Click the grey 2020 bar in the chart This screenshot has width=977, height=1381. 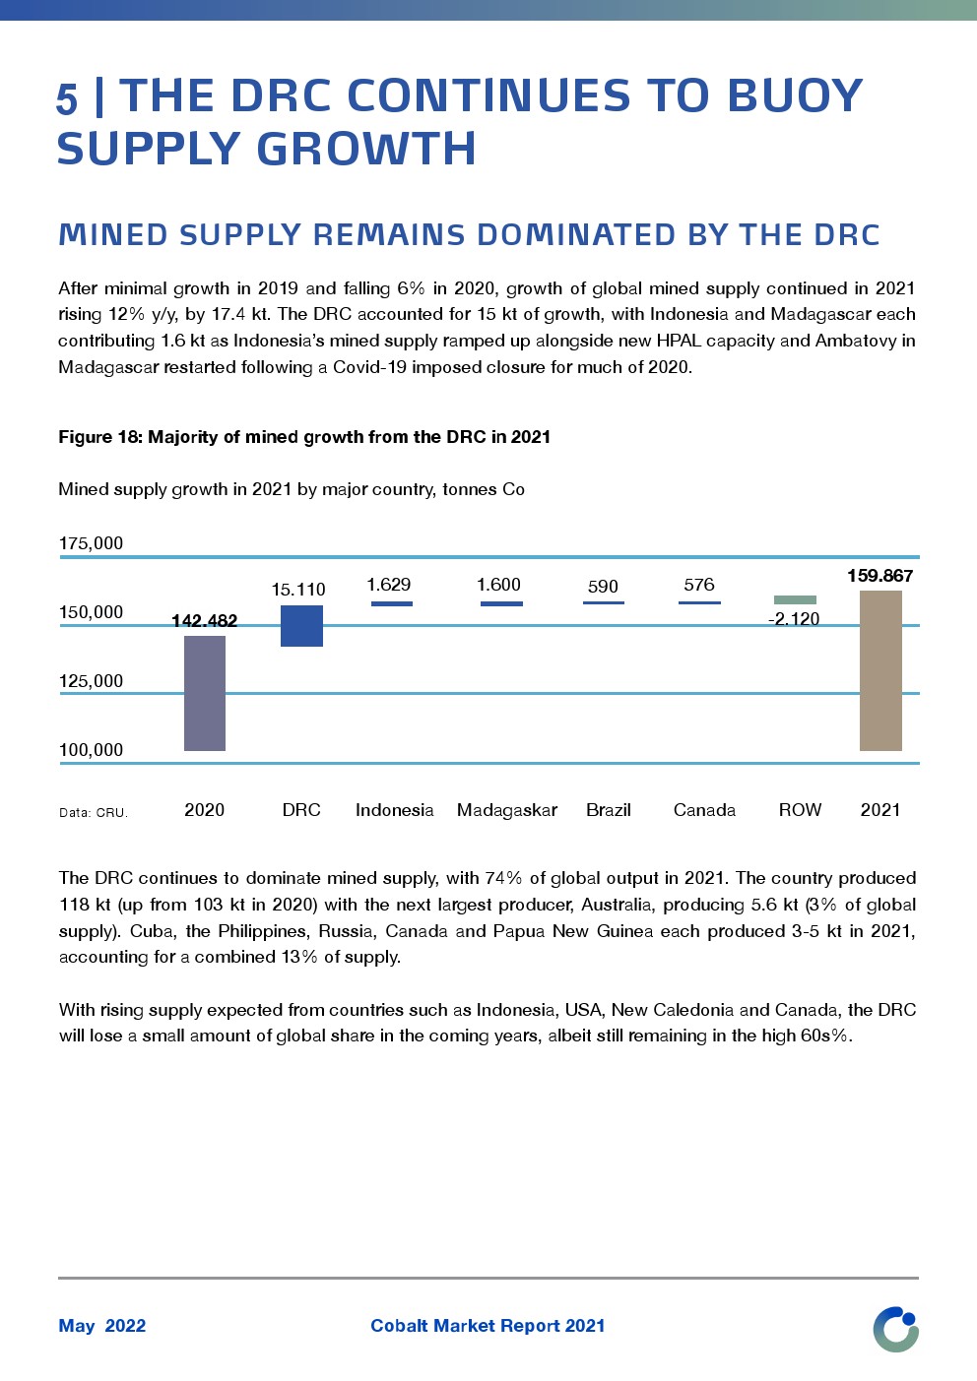tap(205, 693)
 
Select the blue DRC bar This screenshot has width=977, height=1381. tap(301, 626)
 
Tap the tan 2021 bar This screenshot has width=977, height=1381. tap(880, 670)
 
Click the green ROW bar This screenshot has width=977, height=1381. tap(795, 599)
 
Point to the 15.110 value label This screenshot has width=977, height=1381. tap(298, 590)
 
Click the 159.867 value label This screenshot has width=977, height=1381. tap(879, 576)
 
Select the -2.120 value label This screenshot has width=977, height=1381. tap(794, 619)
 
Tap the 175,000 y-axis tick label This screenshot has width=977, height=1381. tap(92, 543)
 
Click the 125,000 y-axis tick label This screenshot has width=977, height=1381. tap(92, 681)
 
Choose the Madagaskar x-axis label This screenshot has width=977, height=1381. tap(507, 810)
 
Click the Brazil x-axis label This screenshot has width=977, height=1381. tap(609, 810)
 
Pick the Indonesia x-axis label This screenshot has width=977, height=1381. tap(394, 810)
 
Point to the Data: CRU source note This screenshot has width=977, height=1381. tap(94, 813)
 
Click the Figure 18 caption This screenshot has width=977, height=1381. tap(304, 437)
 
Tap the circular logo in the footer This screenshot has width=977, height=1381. tap(895, 1329)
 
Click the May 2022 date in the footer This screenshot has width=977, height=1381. tap(102, 1326)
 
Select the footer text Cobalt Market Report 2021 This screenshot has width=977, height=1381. tap(488, 1326)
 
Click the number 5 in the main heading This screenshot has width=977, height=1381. tap(67, 99)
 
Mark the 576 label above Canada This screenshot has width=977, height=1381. tap(699, 585)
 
